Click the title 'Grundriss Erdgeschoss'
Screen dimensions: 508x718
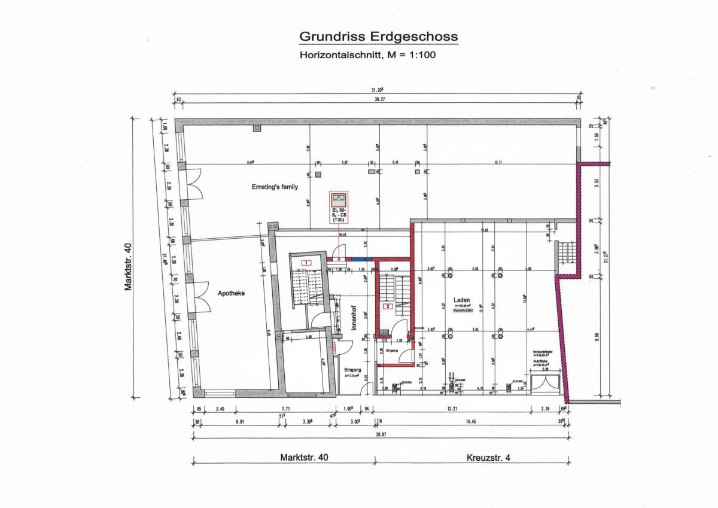(378, 37)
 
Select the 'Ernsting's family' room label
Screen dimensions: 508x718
(275, 187)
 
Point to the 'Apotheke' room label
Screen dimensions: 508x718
(232, 293)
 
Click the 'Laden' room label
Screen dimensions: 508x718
(461, 300)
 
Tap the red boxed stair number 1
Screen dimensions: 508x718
(306, 263)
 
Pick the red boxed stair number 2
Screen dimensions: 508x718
(388, 307)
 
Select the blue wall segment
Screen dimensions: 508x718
(361, 259)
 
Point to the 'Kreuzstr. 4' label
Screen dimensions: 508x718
(488, 458)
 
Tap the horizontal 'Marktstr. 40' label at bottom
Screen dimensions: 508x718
(305, 458)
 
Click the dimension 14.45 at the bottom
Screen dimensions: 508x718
(470, 421)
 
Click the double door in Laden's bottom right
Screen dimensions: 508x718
(546, 384)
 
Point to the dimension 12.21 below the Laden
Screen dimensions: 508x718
(452, 410)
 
